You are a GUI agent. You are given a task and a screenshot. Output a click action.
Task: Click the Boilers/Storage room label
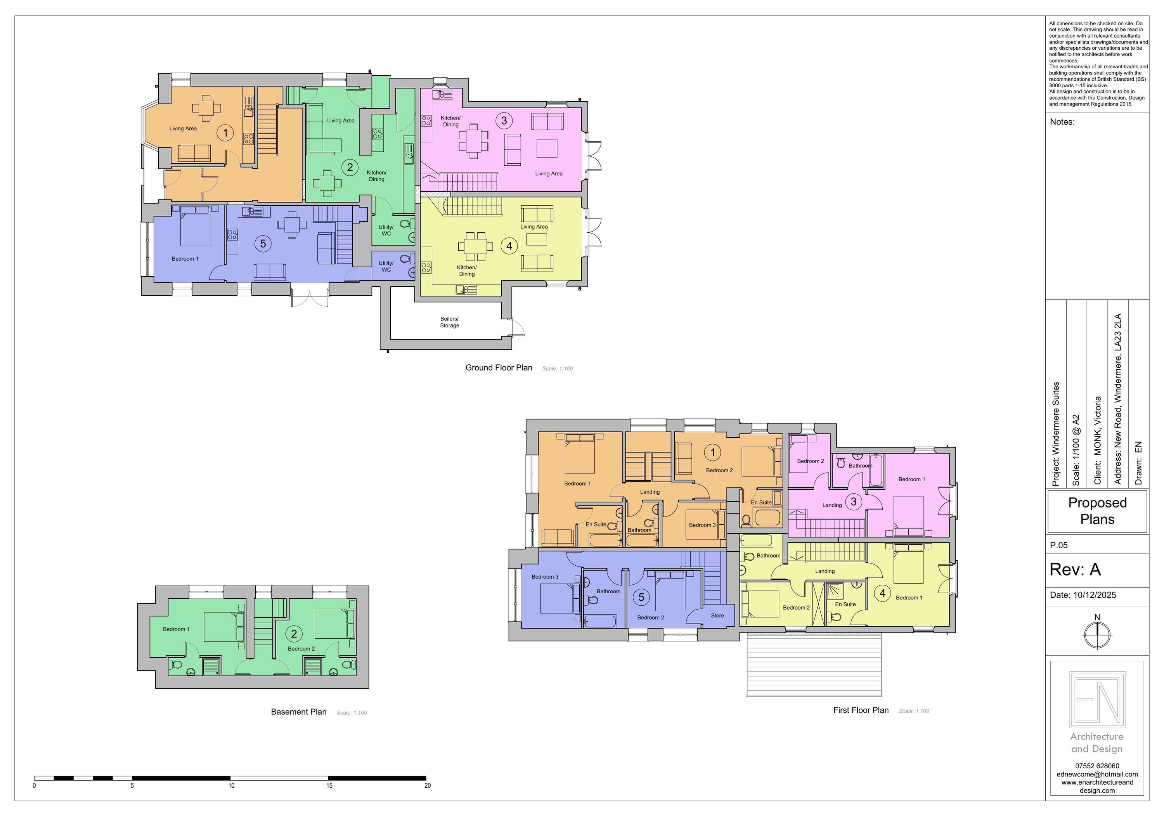pyautogui.click(x=449, y=322)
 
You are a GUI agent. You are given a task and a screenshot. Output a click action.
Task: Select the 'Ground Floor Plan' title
pyautogui.click(x=499, y=367)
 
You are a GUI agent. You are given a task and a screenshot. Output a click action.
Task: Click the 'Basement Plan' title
pyautogui.click(x=299, y=712)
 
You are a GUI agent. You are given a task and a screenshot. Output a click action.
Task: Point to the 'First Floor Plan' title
pyautogui.click(x=861, y=710)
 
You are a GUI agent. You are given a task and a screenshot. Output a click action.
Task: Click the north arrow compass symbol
pyautogui.click(x=1097, y=634)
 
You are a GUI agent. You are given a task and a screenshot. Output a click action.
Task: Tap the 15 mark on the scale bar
pyautogui.click(x=329, y=785)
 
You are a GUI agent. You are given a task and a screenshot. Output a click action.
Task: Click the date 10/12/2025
pyautogui.click(x=1095, y=595)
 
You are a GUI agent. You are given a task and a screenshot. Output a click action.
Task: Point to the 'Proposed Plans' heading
pyautogui.click(x=1097, y=511)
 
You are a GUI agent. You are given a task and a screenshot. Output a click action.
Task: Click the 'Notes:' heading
pyautogui.click(x=1062, y=122)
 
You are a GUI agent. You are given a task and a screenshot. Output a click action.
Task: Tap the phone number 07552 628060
pyautogui.click(x=1097, y=766)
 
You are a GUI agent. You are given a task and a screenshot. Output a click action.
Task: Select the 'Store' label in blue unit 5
pyautogui.click(x=717, y=616)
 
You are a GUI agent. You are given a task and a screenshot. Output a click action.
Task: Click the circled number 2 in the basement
pyautogui.click(x=294, y=633)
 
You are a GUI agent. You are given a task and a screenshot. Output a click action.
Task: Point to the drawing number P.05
pyautogui.click(x=1058, y=545)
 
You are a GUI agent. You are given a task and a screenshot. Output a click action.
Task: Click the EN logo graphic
pyautogui.click(x=1097, y=698)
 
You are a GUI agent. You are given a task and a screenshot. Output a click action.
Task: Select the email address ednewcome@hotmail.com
pyautogui.click(x=1097, y=774)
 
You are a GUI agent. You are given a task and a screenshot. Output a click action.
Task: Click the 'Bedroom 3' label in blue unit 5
pyautogui.click(x=545, y=577)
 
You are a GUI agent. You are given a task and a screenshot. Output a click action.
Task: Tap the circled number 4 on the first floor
pyautogui.click(x=883, y=593)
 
